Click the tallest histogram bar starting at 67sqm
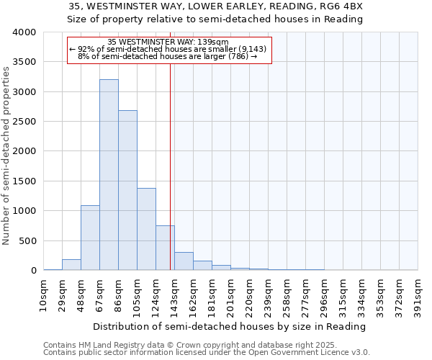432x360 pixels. click(x=109, y=175)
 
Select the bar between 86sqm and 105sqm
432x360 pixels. click(x=127, y=190)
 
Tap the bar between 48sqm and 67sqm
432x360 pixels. click(x=90, y=238)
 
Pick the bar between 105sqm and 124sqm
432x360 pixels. click(x=146, y=229)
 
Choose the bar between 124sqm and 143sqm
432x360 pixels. click(x=165, y=248)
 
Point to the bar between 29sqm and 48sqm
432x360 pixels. click(x=71, y=265)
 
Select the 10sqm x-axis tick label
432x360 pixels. click(x=44, y=294)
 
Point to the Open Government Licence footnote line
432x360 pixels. click(x=207, y=353)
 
